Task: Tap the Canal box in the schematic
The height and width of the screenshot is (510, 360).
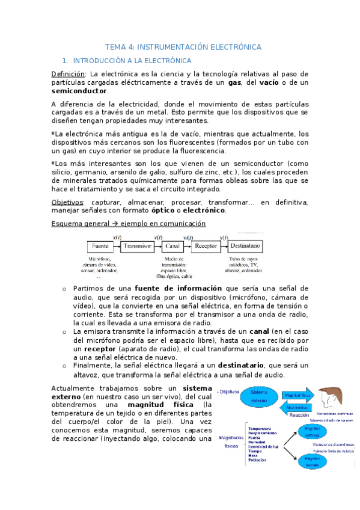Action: [x=171, y=247]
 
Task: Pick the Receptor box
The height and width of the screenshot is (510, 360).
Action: [x=206, y=247]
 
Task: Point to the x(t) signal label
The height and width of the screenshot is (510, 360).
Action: [x=117, y=238]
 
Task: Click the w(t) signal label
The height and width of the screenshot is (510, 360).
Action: [x=188, y=238]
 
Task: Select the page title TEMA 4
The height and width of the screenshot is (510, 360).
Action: [x=183, y=46]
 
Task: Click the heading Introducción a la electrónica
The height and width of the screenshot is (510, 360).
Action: [x=132, y=61]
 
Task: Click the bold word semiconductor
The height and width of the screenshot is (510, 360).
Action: [x=79, y=91]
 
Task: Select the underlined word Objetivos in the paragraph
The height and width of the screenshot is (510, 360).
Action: [x=67, y=202]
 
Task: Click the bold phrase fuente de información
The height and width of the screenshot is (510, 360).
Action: [x=178, y=288]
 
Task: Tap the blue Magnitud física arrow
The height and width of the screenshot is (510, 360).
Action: [x=297, y=395]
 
